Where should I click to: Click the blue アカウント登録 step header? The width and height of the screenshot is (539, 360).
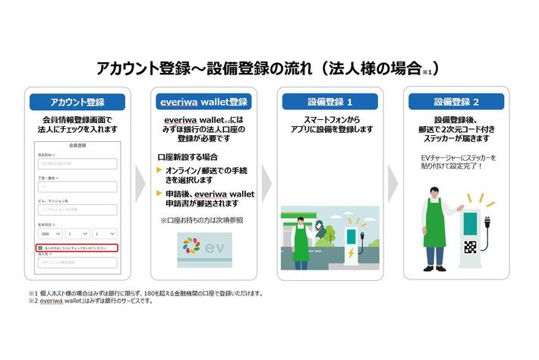[x=77, y=102]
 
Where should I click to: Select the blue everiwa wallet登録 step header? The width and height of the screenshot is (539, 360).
[x=203, y=102]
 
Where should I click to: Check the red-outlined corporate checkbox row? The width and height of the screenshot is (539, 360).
[x=76, y=248]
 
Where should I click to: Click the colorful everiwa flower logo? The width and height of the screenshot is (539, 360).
[x=191, y=248]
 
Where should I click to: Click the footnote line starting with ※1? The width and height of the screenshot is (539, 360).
[x=144, y=293]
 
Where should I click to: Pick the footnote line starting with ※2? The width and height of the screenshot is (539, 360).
[x=91, y=302]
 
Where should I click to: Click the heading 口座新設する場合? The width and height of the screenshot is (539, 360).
[x=182, y=156]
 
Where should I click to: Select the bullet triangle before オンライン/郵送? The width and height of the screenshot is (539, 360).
[x=159, y=169]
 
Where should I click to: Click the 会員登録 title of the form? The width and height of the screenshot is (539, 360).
[x=77, y=144]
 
